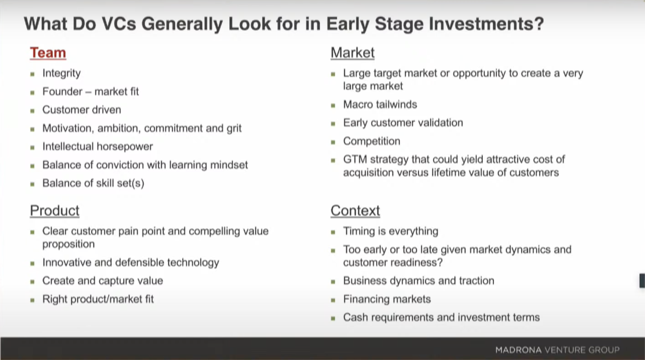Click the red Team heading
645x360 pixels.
48,53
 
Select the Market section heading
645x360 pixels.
353,53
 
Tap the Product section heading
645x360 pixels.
55,210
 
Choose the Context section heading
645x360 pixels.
355,210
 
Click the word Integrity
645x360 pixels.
62,74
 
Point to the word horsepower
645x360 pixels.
125,147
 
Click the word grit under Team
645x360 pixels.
234,129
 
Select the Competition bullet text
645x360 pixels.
372,141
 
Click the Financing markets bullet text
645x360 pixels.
387,299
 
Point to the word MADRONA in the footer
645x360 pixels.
519,350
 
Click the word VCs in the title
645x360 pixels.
119,24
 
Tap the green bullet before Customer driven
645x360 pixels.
33,111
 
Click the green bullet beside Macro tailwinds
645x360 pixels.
333,106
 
